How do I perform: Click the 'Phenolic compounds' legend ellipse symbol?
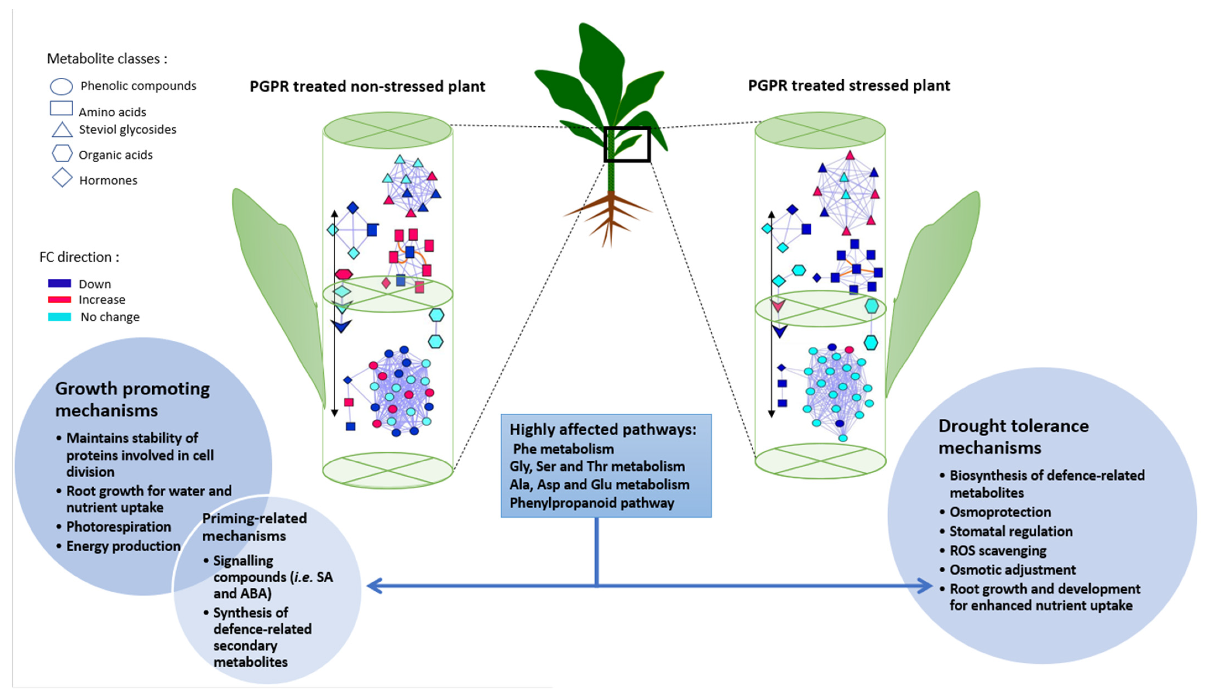tap(61, 87)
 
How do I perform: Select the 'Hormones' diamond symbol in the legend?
tap(62, 178)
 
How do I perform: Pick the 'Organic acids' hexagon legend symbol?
tap(62, 154)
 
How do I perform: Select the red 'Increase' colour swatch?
tap(59, 299)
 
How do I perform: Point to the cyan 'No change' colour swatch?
tap(59, 317)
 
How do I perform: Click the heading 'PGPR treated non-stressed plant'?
tap(367, 87)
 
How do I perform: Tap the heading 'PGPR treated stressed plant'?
tap(849, 85)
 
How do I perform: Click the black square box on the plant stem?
tap(627, 144)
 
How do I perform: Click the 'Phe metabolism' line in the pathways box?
tap(563, 449)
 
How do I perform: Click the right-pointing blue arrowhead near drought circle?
tap(924, 586)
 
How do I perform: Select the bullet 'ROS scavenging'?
tap(997, 551)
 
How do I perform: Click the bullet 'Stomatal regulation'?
tap(1010, 531)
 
